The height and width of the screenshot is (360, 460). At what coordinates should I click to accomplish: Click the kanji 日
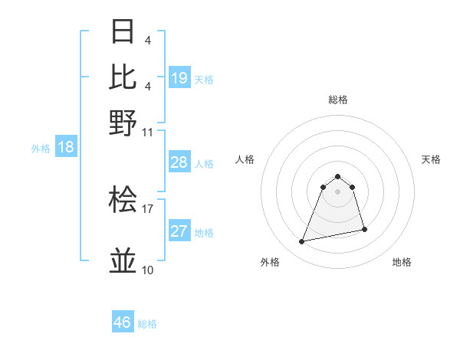pyautogui.click(x=123, y=32)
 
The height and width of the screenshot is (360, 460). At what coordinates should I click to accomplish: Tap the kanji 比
pyautogui.click(x=123, y=77)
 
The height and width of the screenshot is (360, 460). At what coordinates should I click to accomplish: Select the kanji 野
pyautogui.click(x=123, y=123)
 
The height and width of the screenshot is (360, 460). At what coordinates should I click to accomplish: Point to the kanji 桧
pyautogui.click(x=123, y=201)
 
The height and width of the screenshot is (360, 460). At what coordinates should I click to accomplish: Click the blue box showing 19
pyautogui.click(x=179, y=78)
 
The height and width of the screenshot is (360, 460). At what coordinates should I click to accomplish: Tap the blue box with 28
pyautogui.click(x=179, y=162)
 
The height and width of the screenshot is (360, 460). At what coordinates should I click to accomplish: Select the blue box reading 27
pyautogui.click(x=179, y=231)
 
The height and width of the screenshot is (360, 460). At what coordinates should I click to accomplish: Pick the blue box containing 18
pyautogui.click(x=66, y=147)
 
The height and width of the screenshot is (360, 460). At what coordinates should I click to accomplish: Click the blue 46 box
pyautogui.click(x=123, y=322)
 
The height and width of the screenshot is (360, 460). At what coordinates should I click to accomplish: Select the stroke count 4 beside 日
pyautogui.click(x=147, y=40)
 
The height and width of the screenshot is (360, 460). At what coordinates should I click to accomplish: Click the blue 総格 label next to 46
pyautogui.click(x=147, y=324)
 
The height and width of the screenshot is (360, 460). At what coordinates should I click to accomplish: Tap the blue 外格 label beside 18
pyautogui.click(x=40, y=149)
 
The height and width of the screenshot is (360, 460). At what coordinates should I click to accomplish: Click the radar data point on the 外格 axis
pyautogui.click(x=302, y=242)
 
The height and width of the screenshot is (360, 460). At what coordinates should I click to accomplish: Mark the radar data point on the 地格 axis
pyautogui.click(x=364, y=230)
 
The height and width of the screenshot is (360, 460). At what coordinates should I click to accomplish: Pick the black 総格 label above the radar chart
pyautogui.click(x=337, y=100)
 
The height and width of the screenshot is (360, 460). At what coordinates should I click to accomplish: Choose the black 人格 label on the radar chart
pyautogui.click(x=245, y=159)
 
